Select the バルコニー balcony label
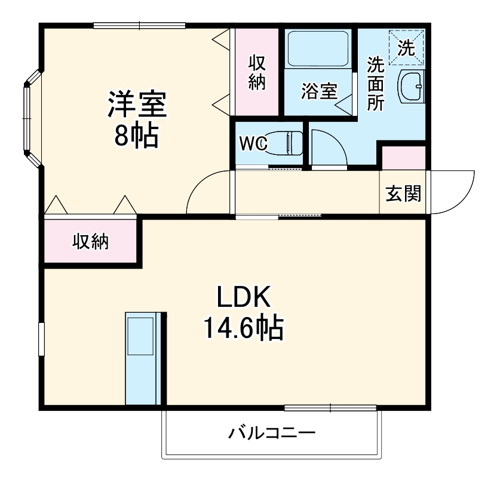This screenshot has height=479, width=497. [271, 432]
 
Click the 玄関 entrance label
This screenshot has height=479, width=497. [403, 193]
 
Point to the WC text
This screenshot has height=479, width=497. [253, 144]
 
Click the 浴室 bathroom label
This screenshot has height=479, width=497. [318, 91]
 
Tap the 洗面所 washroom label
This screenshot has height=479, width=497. [375, 83]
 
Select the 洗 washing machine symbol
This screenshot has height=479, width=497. [406, 47]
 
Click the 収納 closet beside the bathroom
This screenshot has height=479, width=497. [257, 72]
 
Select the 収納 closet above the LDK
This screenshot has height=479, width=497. [91, 241]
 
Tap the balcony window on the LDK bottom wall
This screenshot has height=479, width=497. [330, 408]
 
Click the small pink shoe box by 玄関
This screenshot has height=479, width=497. [403, 158]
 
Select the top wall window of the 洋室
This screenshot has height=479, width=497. [140, 25]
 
